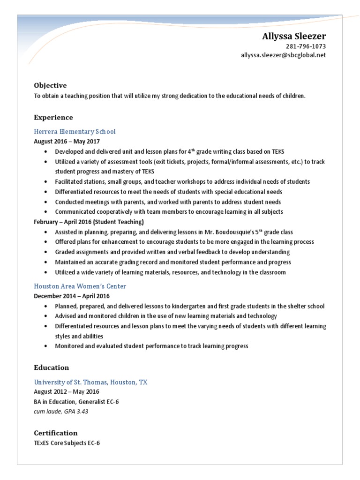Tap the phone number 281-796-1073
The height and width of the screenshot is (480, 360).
[x=306, y=46]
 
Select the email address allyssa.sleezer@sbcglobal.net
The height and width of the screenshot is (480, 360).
[x=283, y=55]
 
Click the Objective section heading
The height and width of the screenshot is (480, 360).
[x=50, y=85]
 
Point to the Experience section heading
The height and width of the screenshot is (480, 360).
[x=53, y=117]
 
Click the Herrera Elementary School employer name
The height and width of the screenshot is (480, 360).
[x=75, y=132]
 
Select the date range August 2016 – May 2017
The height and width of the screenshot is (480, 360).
[x=67, y=141]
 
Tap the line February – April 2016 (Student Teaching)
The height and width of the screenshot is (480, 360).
[x=89, y=222]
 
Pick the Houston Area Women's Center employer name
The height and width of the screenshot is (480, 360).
[x=80, y=286]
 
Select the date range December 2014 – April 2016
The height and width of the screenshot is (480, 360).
[x=71, y=296]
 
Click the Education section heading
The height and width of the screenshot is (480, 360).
[x=52, y=367]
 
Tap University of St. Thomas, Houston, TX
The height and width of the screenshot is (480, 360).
[x=90, y=382]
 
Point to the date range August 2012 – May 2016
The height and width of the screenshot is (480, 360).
[x=67, y=392]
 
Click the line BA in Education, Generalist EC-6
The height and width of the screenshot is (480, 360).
[x=76, y=402]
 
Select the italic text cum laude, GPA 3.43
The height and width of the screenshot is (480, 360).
[x=61, y=412]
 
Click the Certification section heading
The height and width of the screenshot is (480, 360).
[x=56, y=433]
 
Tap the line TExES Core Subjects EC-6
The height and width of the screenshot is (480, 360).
[x=67, y=443]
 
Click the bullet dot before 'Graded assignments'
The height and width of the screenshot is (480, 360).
[x=45, y=252]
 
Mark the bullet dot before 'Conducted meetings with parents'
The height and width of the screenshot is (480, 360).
[x=45, y=202]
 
